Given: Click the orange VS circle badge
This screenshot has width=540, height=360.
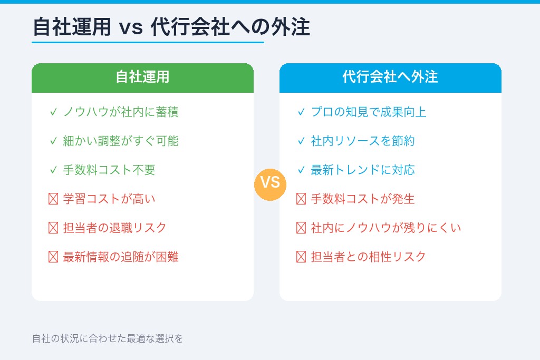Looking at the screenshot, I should [270, 183].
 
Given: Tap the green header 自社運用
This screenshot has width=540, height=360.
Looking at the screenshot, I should [142, 77].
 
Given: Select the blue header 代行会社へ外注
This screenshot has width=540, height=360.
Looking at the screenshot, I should [390, 77].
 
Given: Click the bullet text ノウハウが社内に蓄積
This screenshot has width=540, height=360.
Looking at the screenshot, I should [121, 112].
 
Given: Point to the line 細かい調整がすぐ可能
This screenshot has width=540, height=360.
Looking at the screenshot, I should [121, 141].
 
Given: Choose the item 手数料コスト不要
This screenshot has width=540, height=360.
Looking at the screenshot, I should [109, 170].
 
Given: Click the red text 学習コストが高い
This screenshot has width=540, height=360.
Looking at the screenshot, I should [109, 199].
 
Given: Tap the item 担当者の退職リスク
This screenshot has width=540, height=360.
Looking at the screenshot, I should [115, 228].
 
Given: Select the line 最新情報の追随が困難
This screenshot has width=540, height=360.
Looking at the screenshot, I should [121, 257].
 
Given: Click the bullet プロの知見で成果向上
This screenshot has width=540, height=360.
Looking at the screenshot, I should [369, 112].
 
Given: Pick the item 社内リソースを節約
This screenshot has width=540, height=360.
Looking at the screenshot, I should [363, 141].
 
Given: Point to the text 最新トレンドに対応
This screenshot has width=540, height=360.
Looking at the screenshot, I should [363, 170].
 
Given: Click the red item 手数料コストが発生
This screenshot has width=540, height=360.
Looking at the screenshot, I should [363, 199].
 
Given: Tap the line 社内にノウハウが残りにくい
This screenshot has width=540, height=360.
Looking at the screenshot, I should [386, 228].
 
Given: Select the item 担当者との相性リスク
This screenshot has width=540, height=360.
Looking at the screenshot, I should [369, 257].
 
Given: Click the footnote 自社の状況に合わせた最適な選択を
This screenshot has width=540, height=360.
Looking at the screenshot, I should [108, 338].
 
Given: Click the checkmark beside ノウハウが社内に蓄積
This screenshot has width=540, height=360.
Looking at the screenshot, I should [53, 112].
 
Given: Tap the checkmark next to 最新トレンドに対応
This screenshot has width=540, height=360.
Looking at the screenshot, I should [301, 170].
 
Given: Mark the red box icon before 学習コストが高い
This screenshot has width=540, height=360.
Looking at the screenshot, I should [53, 199].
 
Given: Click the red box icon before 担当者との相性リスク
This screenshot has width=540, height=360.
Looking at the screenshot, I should [301, 257].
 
